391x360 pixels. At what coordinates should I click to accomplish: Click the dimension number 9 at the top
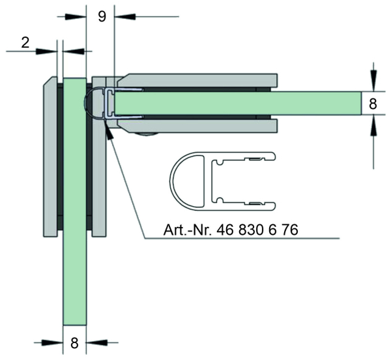[x=102, y=16]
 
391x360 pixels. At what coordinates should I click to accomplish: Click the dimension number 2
[x=25, y=42]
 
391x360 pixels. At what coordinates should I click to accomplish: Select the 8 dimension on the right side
[x=373, y=104]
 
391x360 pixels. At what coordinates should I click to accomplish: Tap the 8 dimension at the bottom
[x=74, y=343]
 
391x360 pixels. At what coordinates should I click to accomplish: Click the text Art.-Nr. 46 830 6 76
[x=231, y=230]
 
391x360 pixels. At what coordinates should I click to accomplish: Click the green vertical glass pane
[x=74, y=202]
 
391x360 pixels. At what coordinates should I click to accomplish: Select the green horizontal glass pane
[x=238, y=103]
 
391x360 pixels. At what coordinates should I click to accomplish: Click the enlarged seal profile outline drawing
[x=223, y=181]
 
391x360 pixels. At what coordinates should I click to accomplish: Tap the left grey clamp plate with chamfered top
[x=50, y=157]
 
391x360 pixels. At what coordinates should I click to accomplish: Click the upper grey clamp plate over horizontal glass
[x=197, y=81]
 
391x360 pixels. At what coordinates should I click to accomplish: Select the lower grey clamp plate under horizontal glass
[x=197, y=126]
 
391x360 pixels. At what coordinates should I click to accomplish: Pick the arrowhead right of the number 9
[x=124, y=16]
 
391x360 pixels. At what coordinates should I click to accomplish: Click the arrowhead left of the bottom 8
[x=52, y=342]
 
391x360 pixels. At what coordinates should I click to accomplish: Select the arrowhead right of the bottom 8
[x=96, y=342]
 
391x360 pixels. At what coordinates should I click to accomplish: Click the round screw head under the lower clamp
[x=147, y=135]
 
